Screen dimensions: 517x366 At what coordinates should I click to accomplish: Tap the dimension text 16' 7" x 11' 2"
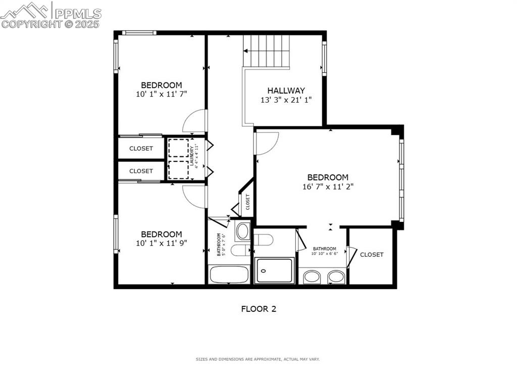[328, 186]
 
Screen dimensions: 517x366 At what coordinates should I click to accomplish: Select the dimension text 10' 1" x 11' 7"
[161, 94]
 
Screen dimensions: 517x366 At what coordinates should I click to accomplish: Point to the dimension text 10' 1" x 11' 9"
[161, 243]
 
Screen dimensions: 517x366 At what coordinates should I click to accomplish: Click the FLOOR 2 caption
[258, 308]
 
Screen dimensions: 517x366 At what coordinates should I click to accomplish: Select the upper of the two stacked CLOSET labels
[141, 149]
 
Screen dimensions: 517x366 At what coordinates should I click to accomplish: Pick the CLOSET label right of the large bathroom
[372, 255]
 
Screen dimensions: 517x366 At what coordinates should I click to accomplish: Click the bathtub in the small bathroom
[229, 275]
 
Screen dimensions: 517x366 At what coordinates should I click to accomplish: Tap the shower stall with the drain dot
[274, 270]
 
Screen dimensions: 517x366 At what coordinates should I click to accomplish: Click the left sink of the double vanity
[313, 277]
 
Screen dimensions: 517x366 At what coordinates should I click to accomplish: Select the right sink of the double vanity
[336, 277]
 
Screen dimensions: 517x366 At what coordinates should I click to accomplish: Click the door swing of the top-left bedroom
[195, 121]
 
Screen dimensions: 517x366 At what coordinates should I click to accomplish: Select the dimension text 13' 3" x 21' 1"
[286, 100]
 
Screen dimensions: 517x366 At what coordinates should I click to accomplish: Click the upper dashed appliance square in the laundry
[178, 149]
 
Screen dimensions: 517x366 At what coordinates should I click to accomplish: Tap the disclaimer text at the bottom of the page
[257, 359]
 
